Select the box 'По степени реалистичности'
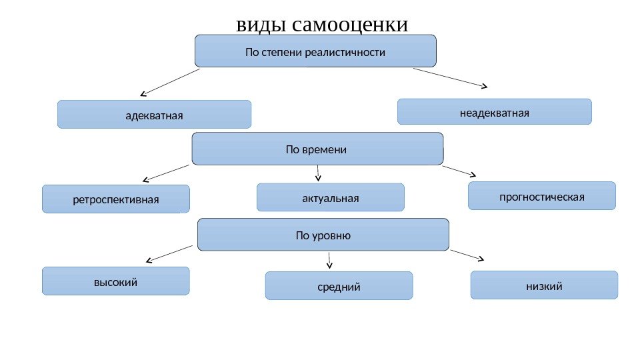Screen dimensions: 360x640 pyautogui.click(x=315, y=51)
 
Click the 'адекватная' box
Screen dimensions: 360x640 pyautogui.click(x=154, y=115)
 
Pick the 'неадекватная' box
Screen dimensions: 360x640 pyautogui.click(x=494, y=112)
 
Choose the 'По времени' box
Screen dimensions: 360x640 pyautogui.click(x=317, y=149)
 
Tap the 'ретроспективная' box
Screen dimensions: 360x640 pyautogui.click(x=116, y=199)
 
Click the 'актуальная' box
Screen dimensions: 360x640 pyautogui.click(x=331, y=197)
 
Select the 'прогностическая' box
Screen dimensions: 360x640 pyautogui.click(x=542, y=196)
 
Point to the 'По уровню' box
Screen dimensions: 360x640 pyautogui.click(x=323, y=235)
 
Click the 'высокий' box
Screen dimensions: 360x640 pyautogui.click(x=115, y=281)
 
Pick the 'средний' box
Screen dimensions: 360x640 pyautogui.click(x=339, y=286)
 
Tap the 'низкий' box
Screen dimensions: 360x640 pyautogui.click(x=544, y=285)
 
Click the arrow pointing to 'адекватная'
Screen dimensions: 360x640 pyautogui.click(x=170, y=82)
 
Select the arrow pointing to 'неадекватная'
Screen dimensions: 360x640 pyautogui.click(x=451, y=77)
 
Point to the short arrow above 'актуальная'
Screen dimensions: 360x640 pyautogui.click(x=319, y=173)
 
